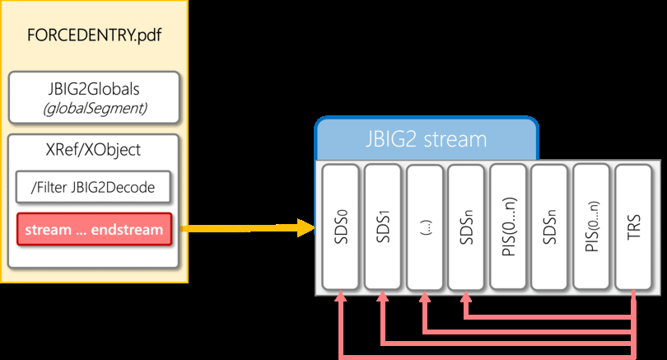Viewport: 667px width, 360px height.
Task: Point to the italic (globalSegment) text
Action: tap(93, 109)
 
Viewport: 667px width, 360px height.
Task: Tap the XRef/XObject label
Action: tap(93, 150)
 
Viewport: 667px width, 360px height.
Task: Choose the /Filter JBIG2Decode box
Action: tap(93, 189)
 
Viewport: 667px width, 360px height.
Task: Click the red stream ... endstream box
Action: tap(93, 229)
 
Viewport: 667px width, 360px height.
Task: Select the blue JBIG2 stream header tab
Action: tap(426, 138)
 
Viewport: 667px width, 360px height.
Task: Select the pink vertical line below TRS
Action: tap(634, 325)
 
